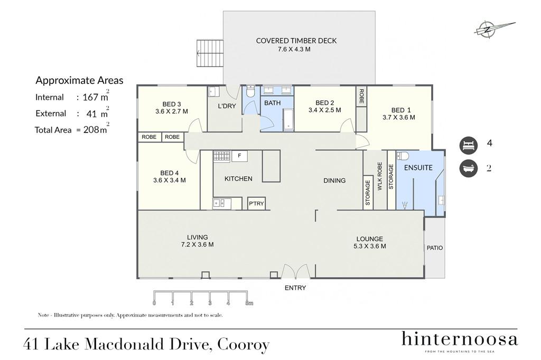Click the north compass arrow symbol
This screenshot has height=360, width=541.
pos(494,29)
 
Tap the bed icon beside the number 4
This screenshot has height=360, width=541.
pos(468,145)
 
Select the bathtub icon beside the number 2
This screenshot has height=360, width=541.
pos(468,168)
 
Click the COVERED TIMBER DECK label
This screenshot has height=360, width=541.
pos(296,41)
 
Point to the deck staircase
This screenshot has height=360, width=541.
pos(210,53)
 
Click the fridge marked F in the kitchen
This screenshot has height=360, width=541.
pos(240,156)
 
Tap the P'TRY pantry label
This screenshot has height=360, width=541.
pos(256,204)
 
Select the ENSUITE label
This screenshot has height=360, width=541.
pos(418,167)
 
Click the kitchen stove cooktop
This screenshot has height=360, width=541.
pos(221,156)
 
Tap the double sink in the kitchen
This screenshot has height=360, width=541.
pos(222,203)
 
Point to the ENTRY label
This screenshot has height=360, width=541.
pos(295,288)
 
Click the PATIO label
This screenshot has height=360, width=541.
pos(435,248)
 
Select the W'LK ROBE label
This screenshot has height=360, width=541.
pos(380,176)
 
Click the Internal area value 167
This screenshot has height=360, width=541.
pos(90,97)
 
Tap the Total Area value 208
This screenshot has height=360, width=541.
pos(91,130)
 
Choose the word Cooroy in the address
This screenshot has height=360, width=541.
pos(244,345)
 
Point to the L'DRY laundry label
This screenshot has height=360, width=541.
pos(227,106)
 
